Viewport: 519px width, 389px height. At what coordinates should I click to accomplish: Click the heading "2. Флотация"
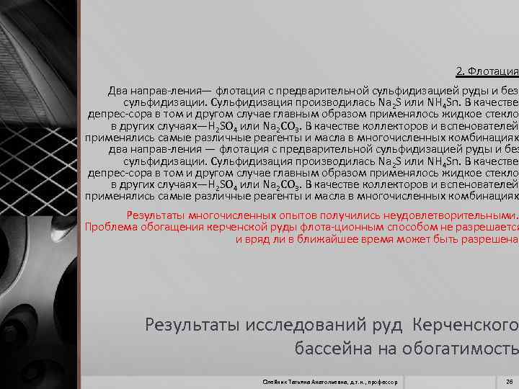[487, 71]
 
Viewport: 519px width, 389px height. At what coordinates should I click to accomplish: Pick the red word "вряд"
[259, 238]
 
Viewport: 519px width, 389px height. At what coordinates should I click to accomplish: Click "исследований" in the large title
[301, 324]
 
